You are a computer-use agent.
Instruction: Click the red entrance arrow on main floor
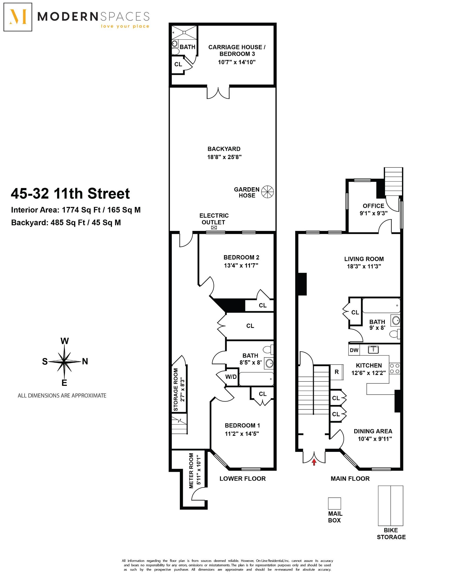click(x=314, y=462)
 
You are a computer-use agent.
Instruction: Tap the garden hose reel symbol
click(x=268, y=192)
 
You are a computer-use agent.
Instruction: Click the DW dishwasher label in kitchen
click(x=354, y=350)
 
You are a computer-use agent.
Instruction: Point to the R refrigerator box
click(x=337, y=372)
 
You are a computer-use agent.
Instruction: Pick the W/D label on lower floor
click(x=231, y=377)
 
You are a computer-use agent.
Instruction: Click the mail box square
click(x=334, y=503)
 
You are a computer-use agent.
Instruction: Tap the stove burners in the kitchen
click(x=394, y=369)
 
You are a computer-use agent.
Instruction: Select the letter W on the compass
click(x=64, y=341)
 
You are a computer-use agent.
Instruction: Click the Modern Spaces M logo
click(x=18, y=17)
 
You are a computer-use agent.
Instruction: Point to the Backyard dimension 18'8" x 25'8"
click(x=224, y=157)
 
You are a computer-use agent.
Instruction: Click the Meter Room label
click(x=191, y=471)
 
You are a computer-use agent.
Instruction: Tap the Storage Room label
click(x=176, y=390)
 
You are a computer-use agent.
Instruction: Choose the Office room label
click(x=373, y=206)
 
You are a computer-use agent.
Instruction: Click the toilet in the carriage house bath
click(x=175, y=51)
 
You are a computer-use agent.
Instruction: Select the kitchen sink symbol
click(x=373, y=350)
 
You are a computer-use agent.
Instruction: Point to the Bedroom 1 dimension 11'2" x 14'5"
click(x=242, y=434)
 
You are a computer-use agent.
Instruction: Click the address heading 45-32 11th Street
click(x=70, y=193)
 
